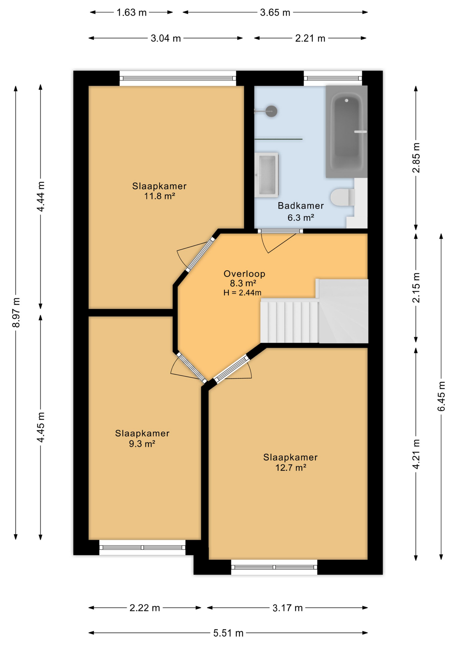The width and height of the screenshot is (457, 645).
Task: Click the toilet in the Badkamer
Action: pos(343,197)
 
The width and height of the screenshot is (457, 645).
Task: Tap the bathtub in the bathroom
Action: pos(347,131)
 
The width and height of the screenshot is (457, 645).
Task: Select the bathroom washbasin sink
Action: pos(266,175)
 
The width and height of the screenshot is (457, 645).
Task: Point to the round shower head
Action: pos(271,111)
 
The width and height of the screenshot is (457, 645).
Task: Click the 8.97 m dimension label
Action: pos(16,312)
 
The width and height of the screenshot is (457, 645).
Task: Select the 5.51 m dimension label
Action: pos(228,633)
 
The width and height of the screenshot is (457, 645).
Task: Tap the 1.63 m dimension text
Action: pos(132,12)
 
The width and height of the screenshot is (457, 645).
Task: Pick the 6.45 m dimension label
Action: pos(441,396)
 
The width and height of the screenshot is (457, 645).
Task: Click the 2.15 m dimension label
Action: pos(416,288)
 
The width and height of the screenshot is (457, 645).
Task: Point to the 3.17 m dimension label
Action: pos(287,608)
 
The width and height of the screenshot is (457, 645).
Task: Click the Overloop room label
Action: pos(244,274)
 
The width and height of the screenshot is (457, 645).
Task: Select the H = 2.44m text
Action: pos(242,293)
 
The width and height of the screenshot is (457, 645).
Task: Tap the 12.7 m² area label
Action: pos(291,467)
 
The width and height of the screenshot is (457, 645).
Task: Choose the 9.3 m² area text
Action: pos(142,444)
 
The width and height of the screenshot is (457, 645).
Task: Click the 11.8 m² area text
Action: pos(160,196)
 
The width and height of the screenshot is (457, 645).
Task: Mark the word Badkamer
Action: pos(301,206)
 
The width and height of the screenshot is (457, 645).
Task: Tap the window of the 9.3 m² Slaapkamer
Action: pos(142,547)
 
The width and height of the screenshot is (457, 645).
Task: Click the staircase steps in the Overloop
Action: pos(289,322)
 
